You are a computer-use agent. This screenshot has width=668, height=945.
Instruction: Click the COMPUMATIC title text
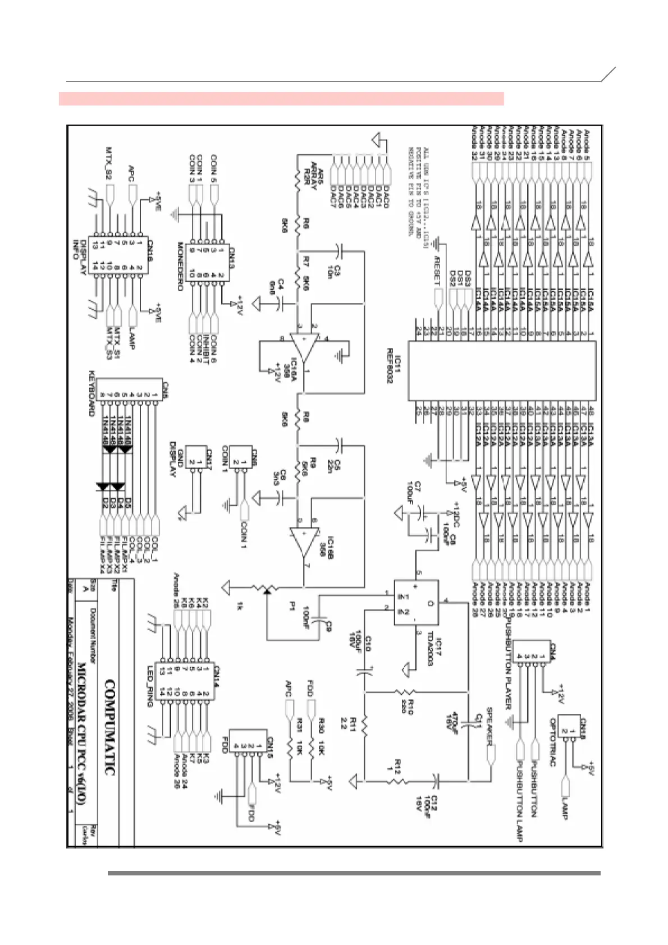tap(110, 728)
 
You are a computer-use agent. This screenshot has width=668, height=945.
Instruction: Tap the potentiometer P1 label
tap(292, 607)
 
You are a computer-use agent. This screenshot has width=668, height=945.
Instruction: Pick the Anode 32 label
tap(474, 143)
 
